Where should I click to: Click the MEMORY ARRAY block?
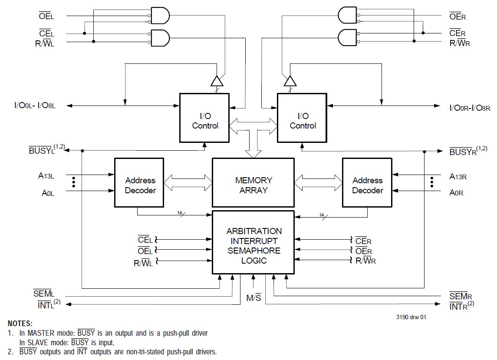(253, 183)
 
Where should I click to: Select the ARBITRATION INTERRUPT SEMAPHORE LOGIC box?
(253, 242)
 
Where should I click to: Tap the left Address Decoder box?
(139, 183)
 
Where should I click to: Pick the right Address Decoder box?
(367, 183)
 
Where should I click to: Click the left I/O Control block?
(204, 118)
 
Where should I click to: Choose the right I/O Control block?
(302, 118)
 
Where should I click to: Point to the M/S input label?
(254, 297)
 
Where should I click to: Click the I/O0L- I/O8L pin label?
(35, 106)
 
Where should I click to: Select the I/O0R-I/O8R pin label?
(470, 108)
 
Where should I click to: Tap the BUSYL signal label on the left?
(47, 149)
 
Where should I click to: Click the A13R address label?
(458, 177)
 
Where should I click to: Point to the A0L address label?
(48, 193)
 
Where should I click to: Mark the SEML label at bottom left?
(44, 294)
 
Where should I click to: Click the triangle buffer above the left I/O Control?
(217, 81)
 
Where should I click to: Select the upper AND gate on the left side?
(160, 16)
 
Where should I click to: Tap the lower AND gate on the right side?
(347, 38)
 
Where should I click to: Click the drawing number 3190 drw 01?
(411, 317)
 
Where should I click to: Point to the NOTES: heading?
(20, 324)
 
